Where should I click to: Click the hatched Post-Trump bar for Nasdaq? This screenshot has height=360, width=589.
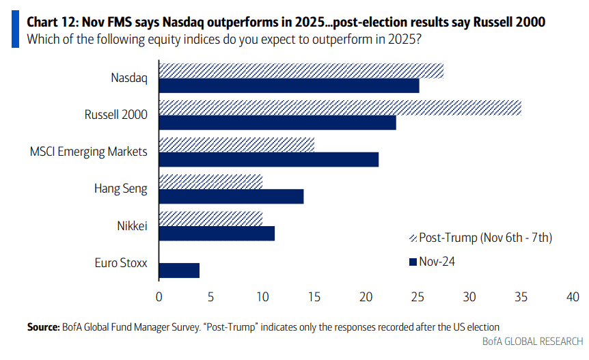pos(301,71)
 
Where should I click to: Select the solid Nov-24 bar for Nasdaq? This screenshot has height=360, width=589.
pos(289,85)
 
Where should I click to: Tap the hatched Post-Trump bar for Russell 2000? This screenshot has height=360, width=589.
pos(340,108)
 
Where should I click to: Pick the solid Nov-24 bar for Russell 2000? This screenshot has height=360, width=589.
pos(277,123)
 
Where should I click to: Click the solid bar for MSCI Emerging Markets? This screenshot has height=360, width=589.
pos(269,160)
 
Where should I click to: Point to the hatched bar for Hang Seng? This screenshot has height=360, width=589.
pos(210,182)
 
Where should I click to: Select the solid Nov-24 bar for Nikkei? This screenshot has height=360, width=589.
pos(217,234)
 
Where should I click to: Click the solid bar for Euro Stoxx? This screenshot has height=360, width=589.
pos(179,271)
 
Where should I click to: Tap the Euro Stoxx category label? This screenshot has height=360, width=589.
pos(121,263)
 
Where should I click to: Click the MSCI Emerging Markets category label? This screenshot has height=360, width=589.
pos(89,152)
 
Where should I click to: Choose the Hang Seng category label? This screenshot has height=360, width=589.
pos(120,189)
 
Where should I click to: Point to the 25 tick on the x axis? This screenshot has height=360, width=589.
pos(417,297)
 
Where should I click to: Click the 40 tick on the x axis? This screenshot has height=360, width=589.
pos(573,297)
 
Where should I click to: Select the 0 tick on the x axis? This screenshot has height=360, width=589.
pos(159,297)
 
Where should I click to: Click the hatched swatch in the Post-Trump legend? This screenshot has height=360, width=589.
pos(413,238)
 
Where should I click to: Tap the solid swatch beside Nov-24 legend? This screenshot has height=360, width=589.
pos(413,262)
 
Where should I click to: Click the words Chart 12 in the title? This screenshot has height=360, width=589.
pos(52,22)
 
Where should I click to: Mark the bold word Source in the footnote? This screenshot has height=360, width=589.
pos(43,327)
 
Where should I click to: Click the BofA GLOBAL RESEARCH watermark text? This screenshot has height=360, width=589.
pos(533,342)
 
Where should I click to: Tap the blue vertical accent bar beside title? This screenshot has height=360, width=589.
pos(16,29)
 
